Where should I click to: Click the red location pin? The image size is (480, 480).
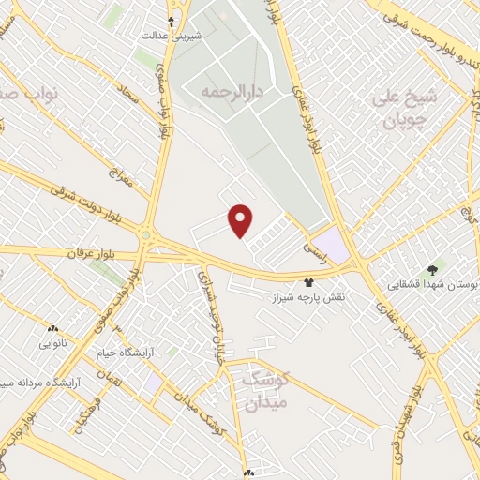coord(241,220)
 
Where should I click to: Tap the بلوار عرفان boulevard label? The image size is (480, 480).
coord(93,253)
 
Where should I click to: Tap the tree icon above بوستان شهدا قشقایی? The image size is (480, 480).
coord(432,269)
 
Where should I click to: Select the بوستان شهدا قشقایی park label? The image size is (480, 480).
coord(434,284)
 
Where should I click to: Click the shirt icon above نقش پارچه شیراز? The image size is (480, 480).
coord(308,281)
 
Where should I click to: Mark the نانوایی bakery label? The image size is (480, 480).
coord(52,343)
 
